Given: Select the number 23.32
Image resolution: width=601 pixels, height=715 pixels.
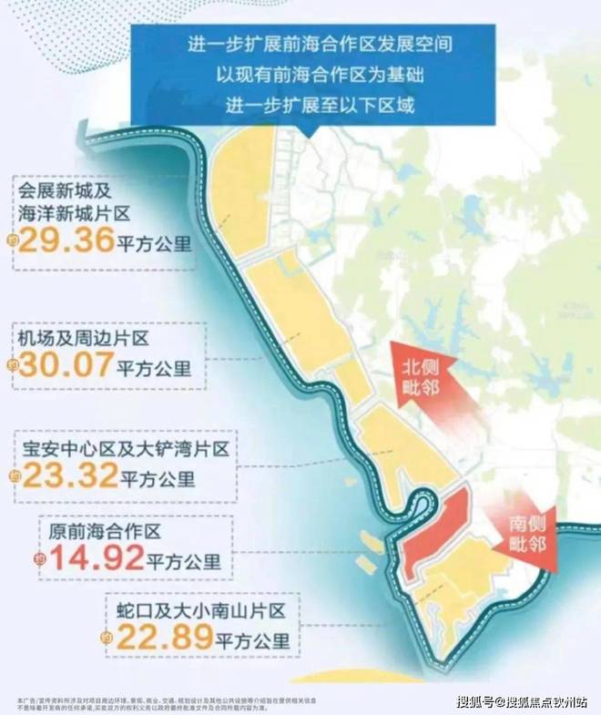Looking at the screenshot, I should [71, 475].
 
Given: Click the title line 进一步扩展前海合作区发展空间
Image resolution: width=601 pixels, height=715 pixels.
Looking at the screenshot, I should [312, 42].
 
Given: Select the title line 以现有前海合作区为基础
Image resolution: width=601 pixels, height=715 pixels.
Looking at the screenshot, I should [312, 73].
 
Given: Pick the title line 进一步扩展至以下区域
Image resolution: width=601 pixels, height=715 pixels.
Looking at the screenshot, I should [312, 104].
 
